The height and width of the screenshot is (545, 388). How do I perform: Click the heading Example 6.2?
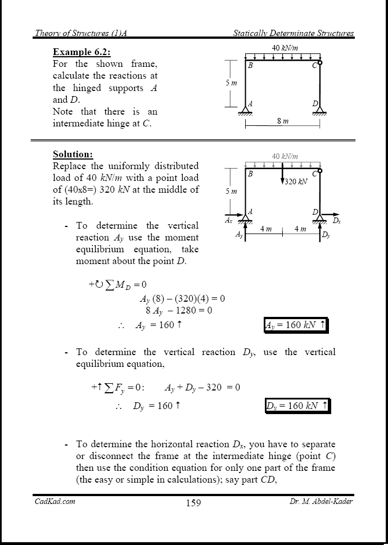click(x=81, y=52)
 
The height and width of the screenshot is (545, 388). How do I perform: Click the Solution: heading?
click(x=73, y=154)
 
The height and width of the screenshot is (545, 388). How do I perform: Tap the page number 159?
click(x=193, y=503)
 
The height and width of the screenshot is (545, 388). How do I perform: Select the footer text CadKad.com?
click(x=51, y=501)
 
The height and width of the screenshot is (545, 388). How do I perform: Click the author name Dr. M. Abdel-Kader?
click(x=318, y=501)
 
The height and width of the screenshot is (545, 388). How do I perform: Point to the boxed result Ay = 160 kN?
click(x=295, y=325)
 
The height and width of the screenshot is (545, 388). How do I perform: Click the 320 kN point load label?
click(x=295, y=182)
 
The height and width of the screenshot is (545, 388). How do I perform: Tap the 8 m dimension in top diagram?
click(x=283, y=121)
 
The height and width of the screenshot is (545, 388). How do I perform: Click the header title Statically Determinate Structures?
click(x=293, y=33)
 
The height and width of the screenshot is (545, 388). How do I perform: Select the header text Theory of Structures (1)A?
click(x=80, y=33)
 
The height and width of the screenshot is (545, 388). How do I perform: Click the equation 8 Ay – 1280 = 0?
click(x=178, y=310)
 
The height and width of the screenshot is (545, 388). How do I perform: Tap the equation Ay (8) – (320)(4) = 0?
click(x=182, y=298)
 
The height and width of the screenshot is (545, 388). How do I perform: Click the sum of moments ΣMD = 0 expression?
click(x=118, y=285)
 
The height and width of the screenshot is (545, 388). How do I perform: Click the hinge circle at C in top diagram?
click(x=320, y=63)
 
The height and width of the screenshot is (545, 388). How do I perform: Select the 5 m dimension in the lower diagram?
click(x=231, y=192)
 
